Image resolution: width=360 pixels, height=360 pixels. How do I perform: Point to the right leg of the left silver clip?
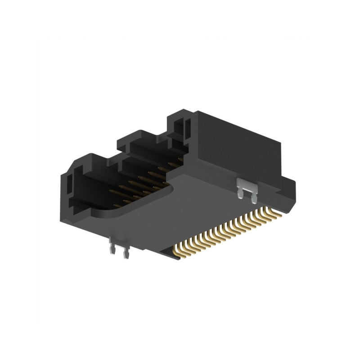(126, 255)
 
